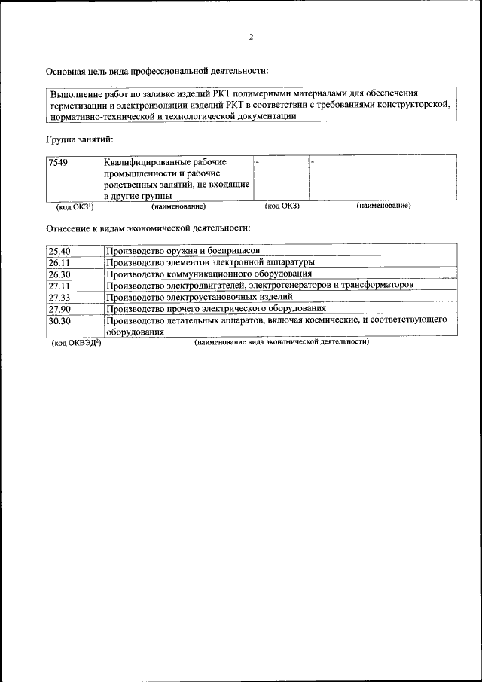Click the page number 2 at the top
pyautogui.click(x=252, y=37)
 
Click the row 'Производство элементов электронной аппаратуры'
pyautogui.click(x=212, y=262)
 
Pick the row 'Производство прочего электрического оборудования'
pyautogui.click(x=215, y=308)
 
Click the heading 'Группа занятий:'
pyautogui.click(x=79, y=139)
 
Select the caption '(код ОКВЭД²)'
pyautogui.click(x=76, y=342)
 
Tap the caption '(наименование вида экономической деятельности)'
pyautogui.click(x=281, y=341)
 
